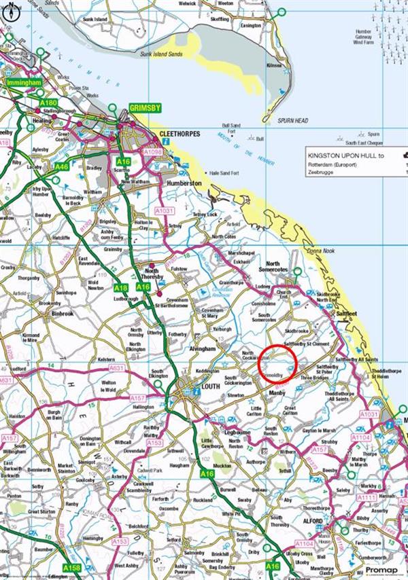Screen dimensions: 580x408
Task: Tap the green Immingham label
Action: (x=23, y=82)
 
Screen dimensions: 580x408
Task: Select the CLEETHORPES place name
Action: (x=179, y=134)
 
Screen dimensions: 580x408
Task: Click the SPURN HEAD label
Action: (x=293, y=121)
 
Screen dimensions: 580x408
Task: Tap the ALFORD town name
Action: (x=312, y=521)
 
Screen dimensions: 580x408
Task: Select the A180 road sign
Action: (x=48, y=103)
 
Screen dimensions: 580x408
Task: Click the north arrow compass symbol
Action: (x=9, y=9)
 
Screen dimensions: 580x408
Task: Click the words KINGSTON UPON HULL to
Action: (x=345, y=156)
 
